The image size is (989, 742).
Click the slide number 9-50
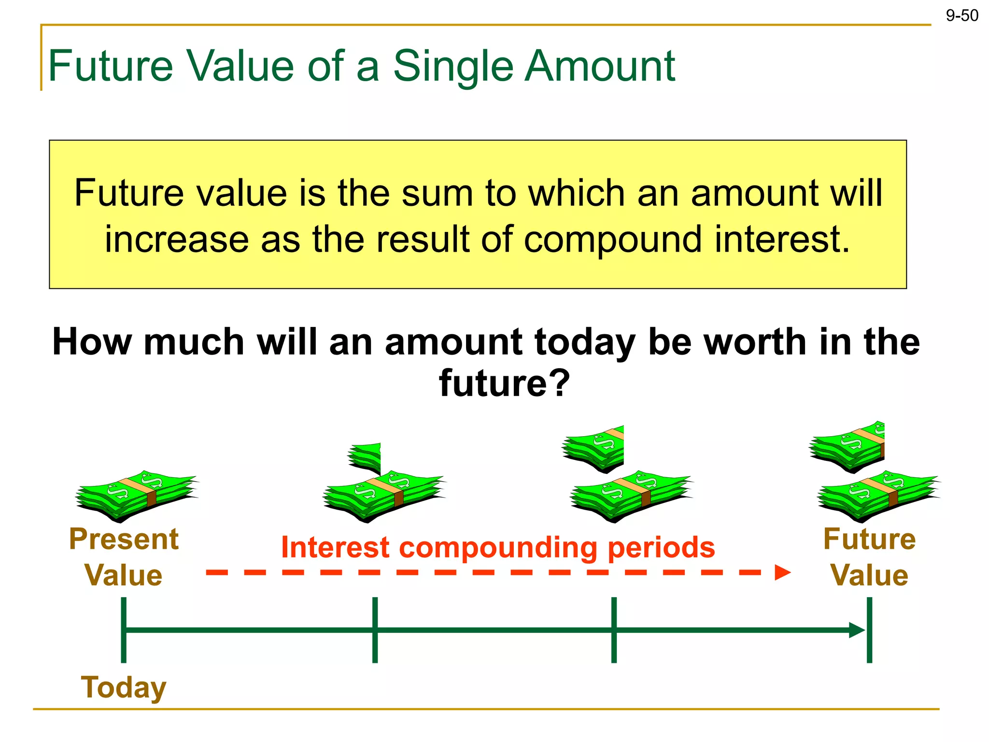coord(962,16)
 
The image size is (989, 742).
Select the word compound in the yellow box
coord(613,240)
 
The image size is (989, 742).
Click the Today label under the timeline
coord(124,687)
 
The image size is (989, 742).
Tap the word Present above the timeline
coord(124,539)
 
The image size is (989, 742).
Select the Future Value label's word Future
coord(869,539)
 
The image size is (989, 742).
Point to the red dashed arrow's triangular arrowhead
coord(782,573)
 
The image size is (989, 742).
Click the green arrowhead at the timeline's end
coord(857,630)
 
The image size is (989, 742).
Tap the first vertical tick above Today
coord(124,630)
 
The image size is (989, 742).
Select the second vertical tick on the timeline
coord(375,630)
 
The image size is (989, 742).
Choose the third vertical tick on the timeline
coord(614,630)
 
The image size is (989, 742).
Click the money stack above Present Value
coord(137,496)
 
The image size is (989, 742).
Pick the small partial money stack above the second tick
coord(365,457)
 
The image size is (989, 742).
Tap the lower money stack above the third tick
coord(631,496)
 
